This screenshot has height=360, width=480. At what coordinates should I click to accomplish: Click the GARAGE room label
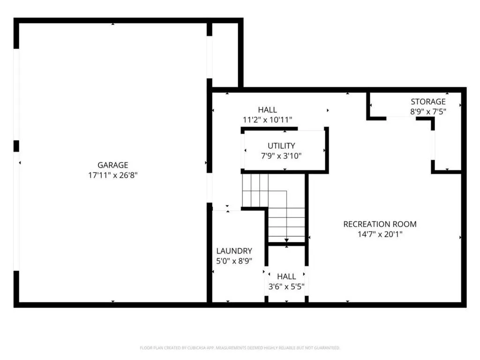coord(112,165)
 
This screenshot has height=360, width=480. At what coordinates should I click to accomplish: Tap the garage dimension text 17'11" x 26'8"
coord(112,175)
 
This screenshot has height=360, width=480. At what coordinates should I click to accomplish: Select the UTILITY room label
coord(281,146)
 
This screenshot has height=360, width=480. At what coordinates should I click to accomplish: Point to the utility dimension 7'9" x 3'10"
coord(281,156)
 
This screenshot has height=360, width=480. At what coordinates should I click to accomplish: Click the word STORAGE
coord(428,102)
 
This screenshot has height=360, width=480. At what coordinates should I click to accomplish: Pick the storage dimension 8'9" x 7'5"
coord(428,112)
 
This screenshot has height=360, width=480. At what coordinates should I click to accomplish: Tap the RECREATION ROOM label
coord(380,224)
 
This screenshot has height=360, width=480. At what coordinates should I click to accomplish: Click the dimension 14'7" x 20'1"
coord(380,234)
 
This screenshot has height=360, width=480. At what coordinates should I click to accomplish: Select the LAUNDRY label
coord(234,251)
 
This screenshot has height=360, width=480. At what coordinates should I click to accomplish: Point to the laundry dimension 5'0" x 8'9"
coord(234,261)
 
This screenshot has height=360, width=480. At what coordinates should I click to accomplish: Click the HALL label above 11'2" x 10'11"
coord(267,110)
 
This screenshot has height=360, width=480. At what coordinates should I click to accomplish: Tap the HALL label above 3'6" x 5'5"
coord(286,277)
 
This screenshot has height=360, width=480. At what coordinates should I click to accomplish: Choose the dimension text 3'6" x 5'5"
coord(286,286)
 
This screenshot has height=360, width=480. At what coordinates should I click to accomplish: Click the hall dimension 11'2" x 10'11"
coord(267,120)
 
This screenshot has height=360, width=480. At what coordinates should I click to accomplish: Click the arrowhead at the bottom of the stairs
coord(286,240)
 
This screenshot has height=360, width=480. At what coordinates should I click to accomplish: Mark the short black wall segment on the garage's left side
coord(16,146)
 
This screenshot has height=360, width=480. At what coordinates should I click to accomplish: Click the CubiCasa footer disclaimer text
coord(240,348)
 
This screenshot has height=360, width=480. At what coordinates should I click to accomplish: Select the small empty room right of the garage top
coord(225,55)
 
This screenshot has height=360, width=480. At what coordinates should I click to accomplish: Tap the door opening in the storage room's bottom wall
coord(401,118)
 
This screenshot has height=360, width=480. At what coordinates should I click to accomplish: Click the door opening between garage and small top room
coord(210,57)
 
